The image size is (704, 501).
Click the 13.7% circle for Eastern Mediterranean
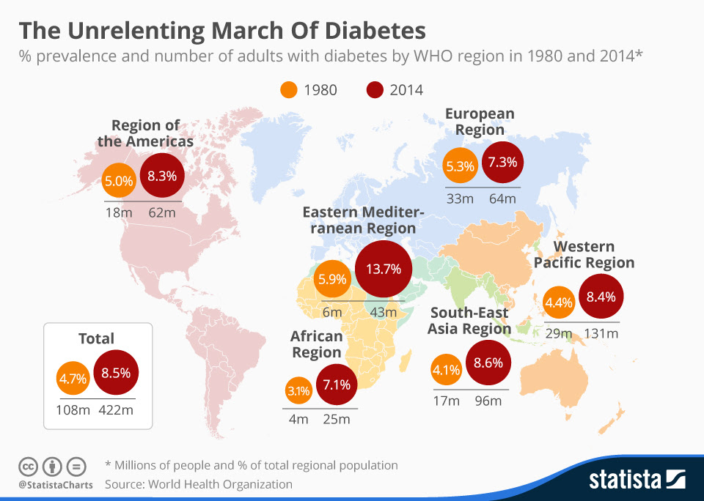point(378,269)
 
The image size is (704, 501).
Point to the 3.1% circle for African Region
point(298,391)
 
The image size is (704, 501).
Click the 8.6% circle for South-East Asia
point(488,363)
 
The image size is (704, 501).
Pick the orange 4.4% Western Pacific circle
point(558,302)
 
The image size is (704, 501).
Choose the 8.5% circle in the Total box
point(116,374)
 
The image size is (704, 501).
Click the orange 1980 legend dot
point(288,90)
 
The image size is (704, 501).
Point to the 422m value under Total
point(116,410)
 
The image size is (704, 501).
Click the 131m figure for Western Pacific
point(601,334)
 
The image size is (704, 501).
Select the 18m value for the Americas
point(119,213)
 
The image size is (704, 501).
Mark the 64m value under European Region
point(502,198)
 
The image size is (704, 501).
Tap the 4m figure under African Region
point(298,420)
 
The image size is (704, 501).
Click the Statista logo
point(637,480)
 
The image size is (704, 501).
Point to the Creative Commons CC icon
point(27,466)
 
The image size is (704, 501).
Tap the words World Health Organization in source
point(220,484)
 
